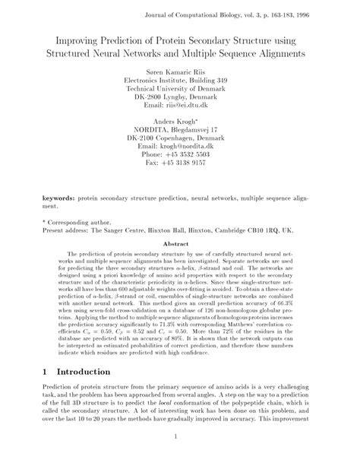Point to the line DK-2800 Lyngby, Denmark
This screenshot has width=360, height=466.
180,97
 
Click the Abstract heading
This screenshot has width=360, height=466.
180,245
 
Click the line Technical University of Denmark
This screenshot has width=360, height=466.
180,87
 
